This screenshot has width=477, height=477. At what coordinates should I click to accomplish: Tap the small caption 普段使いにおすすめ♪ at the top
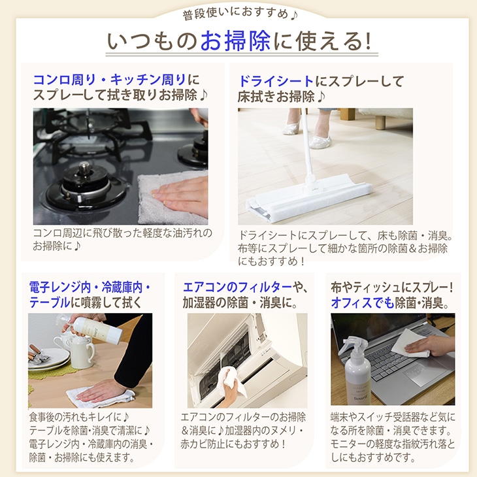(238, 13)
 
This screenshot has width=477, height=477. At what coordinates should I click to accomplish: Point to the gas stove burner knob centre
(86, 172)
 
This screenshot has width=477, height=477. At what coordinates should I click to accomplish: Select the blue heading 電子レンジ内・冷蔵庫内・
(90, 287)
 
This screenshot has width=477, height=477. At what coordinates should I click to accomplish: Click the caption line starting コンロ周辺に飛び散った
(122, 233)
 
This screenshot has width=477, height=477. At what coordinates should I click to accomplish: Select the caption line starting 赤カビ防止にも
(233, 444)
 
